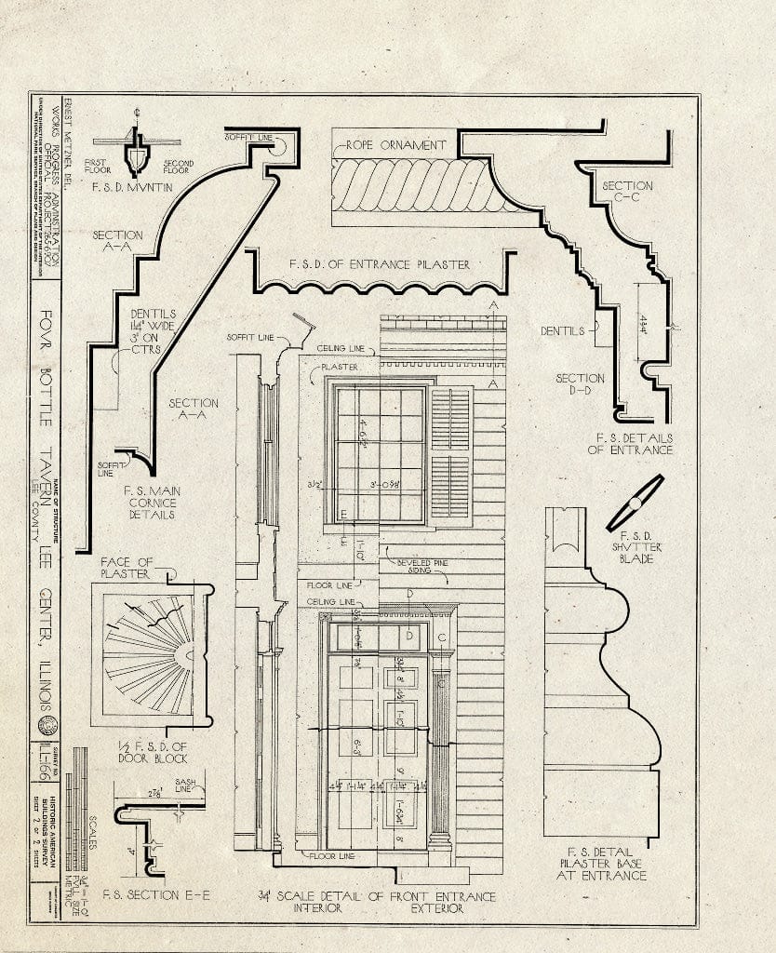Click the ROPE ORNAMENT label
point(396,146)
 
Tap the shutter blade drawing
point(635,503)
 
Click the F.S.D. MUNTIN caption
point(137,186)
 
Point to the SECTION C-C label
point(627,192)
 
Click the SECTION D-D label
point(580,385)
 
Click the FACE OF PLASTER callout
point(126,567)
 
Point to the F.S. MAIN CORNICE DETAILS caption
point(149,501)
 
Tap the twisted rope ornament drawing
point(409,184)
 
